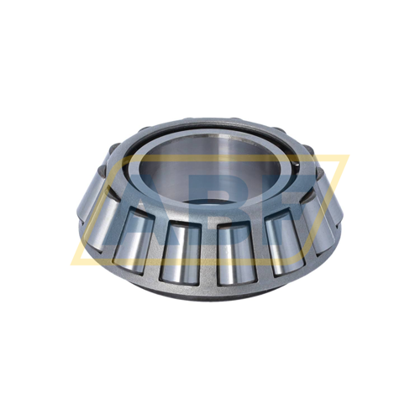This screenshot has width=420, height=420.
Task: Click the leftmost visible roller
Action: pyautogui.click(x=94, y=200)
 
